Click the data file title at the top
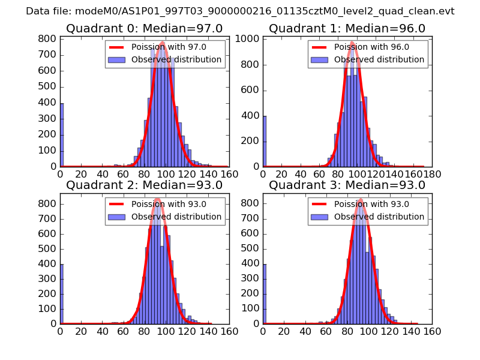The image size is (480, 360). pos(240,11)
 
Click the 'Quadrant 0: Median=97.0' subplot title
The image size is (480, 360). pos(144,28)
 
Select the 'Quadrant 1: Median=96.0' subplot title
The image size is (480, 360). pos(347,28)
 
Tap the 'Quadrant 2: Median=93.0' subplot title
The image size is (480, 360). pos(144,185)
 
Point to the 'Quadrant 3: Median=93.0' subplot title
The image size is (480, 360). pos(347,185)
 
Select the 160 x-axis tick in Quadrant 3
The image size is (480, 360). pos(432,331)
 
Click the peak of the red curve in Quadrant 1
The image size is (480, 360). pos(352,44)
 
